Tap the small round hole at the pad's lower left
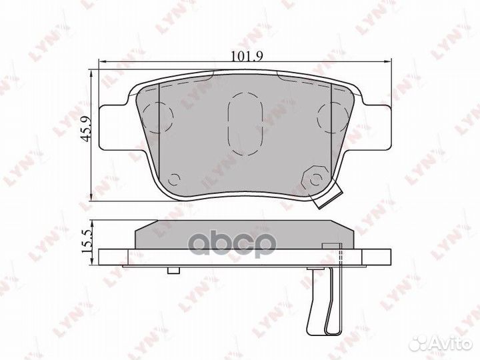pyautogui.click(x=175, y=179)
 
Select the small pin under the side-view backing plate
pyautogui.click(x=173, y=269)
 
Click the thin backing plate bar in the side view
pyautogui.click(x=240, y=257)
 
